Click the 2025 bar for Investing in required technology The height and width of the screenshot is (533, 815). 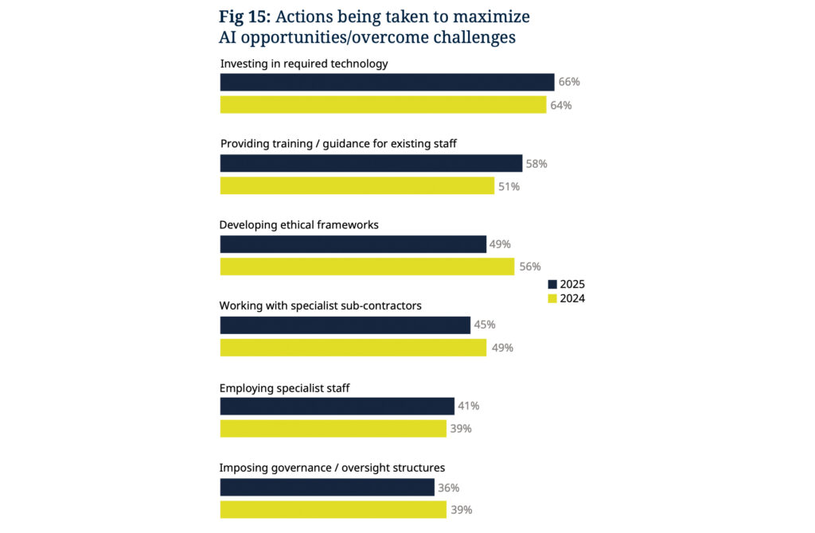coord(387,82)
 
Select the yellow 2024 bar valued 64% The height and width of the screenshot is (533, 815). coord(383,105)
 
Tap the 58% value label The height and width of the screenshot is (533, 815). coord(536,164)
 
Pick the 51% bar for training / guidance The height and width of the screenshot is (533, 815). coord(357,186)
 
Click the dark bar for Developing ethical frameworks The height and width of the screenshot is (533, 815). coord(353,244)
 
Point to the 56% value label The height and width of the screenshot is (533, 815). coord(530,266)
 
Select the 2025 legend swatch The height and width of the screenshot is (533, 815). coord(552,284)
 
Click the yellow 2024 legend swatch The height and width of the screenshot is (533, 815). coord(552,299)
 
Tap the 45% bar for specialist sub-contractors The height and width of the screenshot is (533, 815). coord(345,325)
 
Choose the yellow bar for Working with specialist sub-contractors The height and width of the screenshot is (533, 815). coord(353,348)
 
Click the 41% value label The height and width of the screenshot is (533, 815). coord(468,407)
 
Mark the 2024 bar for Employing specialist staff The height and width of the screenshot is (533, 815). coord(333,429)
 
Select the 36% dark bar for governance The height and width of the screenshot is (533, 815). coord(327,488)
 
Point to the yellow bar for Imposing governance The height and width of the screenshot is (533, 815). coord(333,510)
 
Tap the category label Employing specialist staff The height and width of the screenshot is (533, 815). coord(285,388)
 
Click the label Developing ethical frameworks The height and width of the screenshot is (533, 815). coord(299,225)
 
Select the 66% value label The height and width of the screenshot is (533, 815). coord(568,82)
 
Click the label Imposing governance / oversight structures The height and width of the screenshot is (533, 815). coord(332,468)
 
